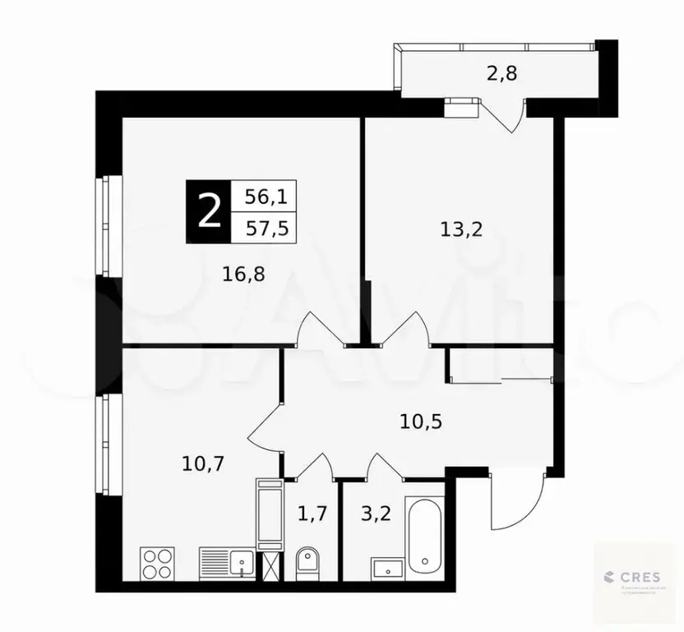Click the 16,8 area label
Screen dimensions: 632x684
(243, 272)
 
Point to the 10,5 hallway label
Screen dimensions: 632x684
(422, 421)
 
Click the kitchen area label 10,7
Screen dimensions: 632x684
(203, 462)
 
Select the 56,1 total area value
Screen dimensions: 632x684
(265, 196)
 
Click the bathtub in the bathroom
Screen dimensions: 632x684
(425, 535)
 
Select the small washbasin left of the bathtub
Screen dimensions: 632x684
(386, 568)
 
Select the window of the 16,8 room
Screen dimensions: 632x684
(104, 225)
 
